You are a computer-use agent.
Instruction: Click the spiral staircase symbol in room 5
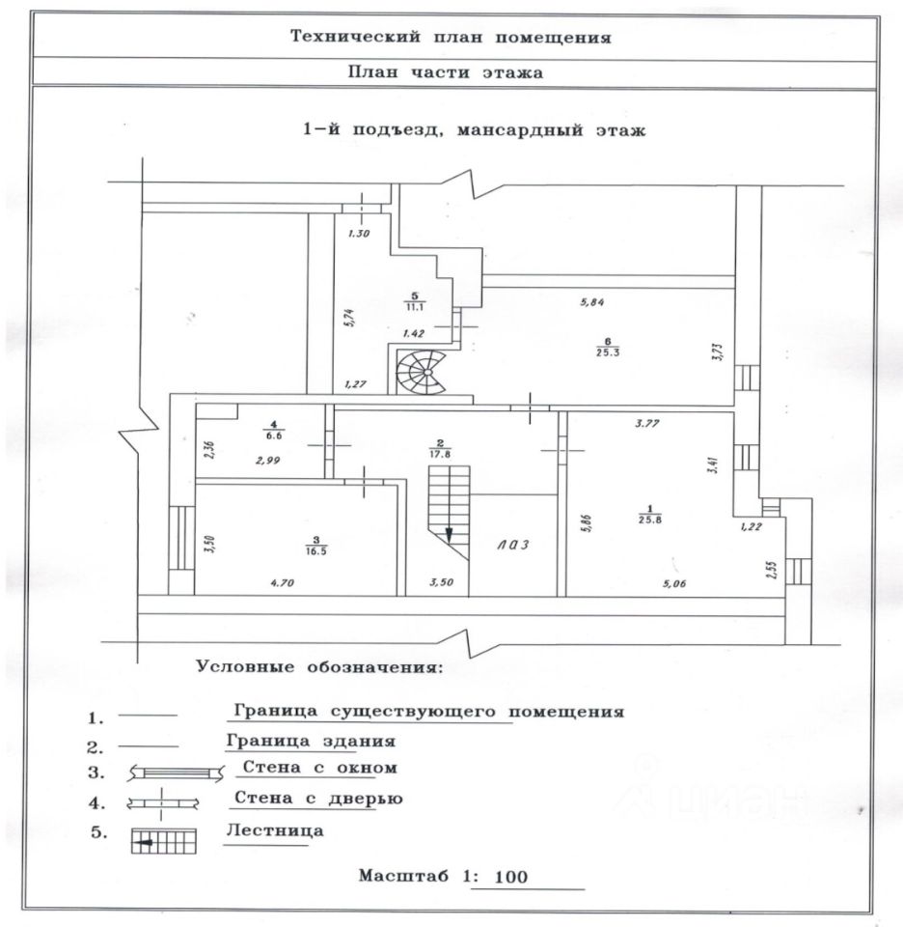point(423,373)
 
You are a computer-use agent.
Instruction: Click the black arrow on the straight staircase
point(449,534)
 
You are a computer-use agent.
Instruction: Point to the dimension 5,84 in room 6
point(592,302)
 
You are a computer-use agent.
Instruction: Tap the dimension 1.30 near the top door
point(360,232)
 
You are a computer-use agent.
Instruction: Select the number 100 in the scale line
point(510,878)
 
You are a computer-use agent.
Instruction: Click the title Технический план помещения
point(451,39)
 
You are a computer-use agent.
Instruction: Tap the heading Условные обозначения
point(318,667)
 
